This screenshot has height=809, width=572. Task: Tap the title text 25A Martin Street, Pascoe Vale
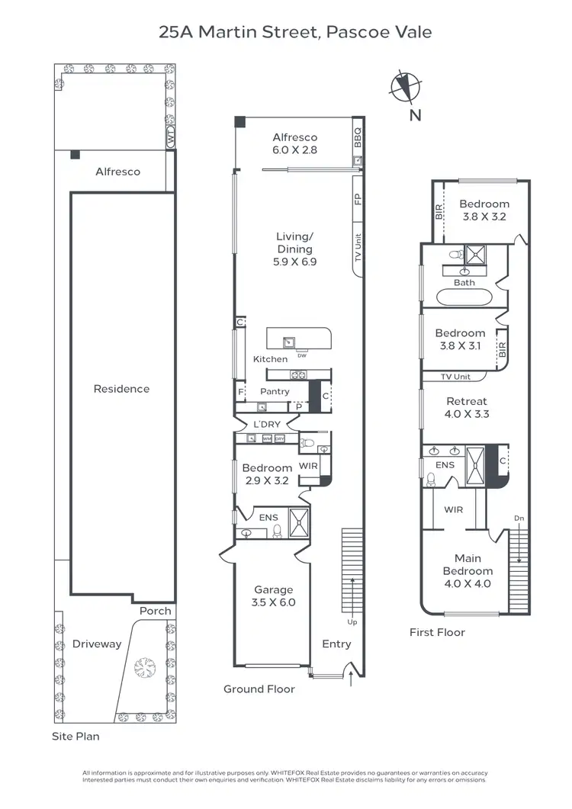tap(295, 32)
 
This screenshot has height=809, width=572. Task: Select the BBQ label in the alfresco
tap(358, 137)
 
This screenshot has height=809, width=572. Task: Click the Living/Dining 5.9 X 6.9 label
tap(295, 249)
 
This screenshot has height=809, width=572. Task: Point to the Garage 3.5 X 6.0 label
tap(274, 596)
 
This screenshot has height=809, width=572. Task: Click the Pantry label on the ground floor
tap(275, 391)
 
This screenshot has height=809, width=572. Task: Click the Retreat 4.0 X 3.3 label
tap(467, 408)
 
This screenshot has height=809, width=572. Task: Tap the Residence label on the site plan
tap(121, 389)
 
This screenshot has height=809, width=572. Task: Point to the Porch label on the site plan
tap(156, 611)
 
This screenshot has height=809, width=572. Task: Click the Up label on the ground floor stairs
tap(352, 622)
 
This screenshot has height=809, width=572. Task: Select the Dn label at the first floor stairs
tap(519, 518)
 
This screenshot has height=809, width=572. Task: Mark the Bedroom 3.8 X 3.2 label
tap(484, 210)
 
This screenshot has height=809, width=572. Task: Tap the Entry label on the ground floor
tap(336, 644)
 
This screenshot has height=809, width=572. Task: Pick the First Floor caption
tap(437, 632)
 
